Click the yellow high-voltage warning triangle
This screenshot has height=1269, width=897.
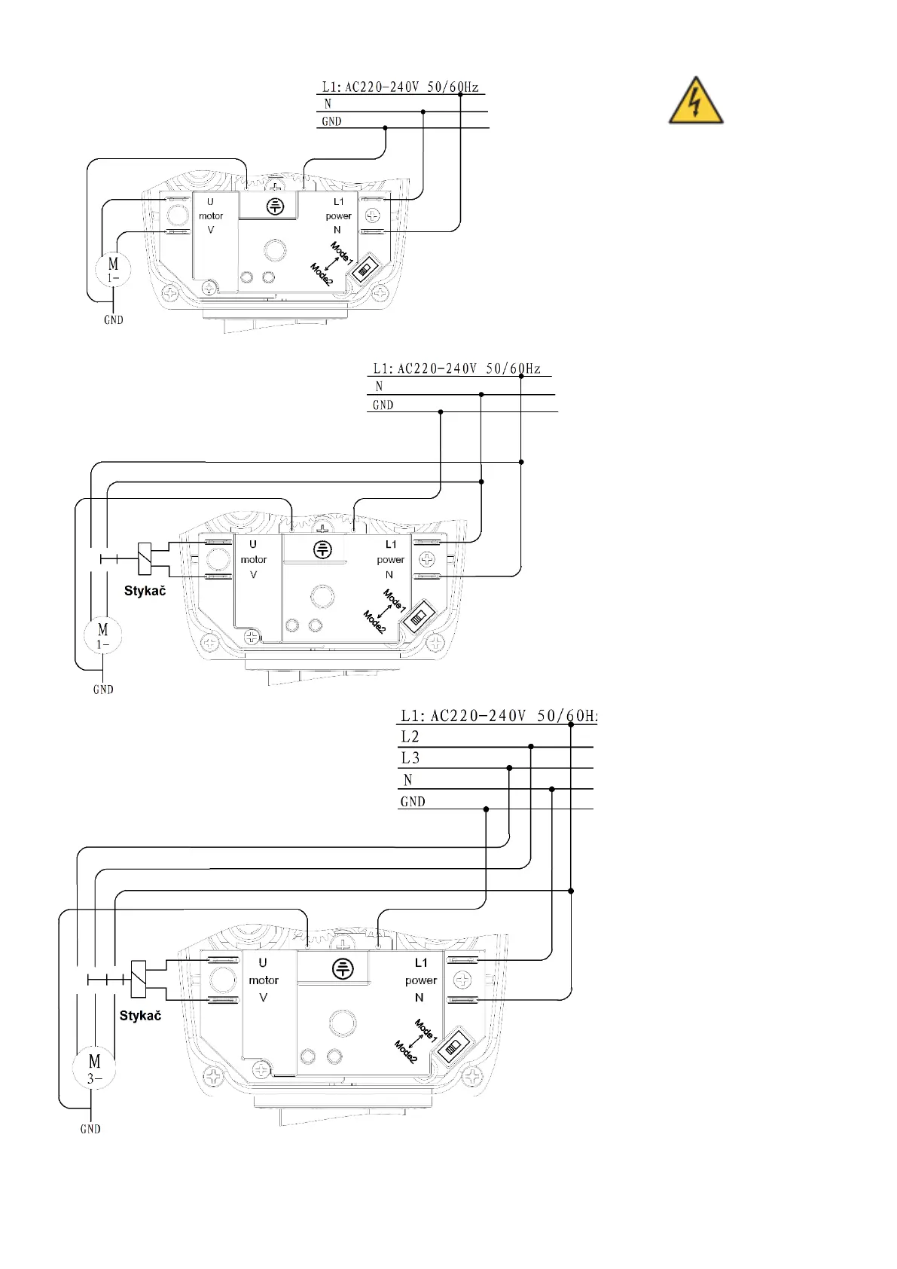click(x=696, y=102)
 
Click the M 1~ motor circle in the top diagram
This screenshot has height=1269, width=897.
click(x=113, y=269)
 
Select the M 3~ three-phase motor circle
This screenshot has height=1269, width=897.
click(x=94, y=1068)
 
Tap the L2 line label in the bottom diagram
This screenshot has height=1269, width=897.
click(x=410, y=737)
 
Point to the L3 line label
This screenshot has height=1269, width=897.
click(x=410, y=758)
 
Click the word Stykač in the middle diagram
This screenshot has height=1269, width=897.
click(x=145, y=591)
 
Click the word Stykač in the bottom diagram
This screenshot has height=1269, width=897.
click(x=140, y=1016)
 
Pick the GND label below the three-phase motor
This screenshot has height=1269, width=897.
click(x=90, y=1129)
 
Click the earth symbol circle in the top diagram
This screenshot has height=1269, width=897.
click(x=276, y=206)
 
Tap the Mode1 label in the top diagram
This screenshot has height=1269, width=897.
click(x=341, y=252)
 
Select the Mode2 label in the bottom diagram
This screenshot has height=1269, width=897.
click(x=405, y=1051)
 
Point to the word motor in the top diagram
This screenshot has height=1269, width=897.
click(x=211, y=216)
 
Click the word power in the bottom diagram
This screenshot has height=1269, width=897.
click(x=420, y=980)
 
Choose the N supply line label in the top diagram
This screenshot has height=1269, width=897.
click(x=328, y=104)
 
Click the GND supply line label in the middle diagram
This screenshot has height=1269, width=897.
click(x=383, y=405)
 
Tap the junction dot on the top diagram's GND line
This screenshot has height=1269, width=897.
click(x=386, y=128)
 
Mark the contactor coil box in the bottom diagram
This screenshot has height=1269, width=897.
click(x=139, y=980)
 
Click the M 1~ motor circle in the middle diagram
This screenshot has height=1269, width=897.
click(x=103, y=635)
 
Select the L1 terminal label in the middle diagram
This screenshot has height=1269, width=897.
click(x=390, y=544)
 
